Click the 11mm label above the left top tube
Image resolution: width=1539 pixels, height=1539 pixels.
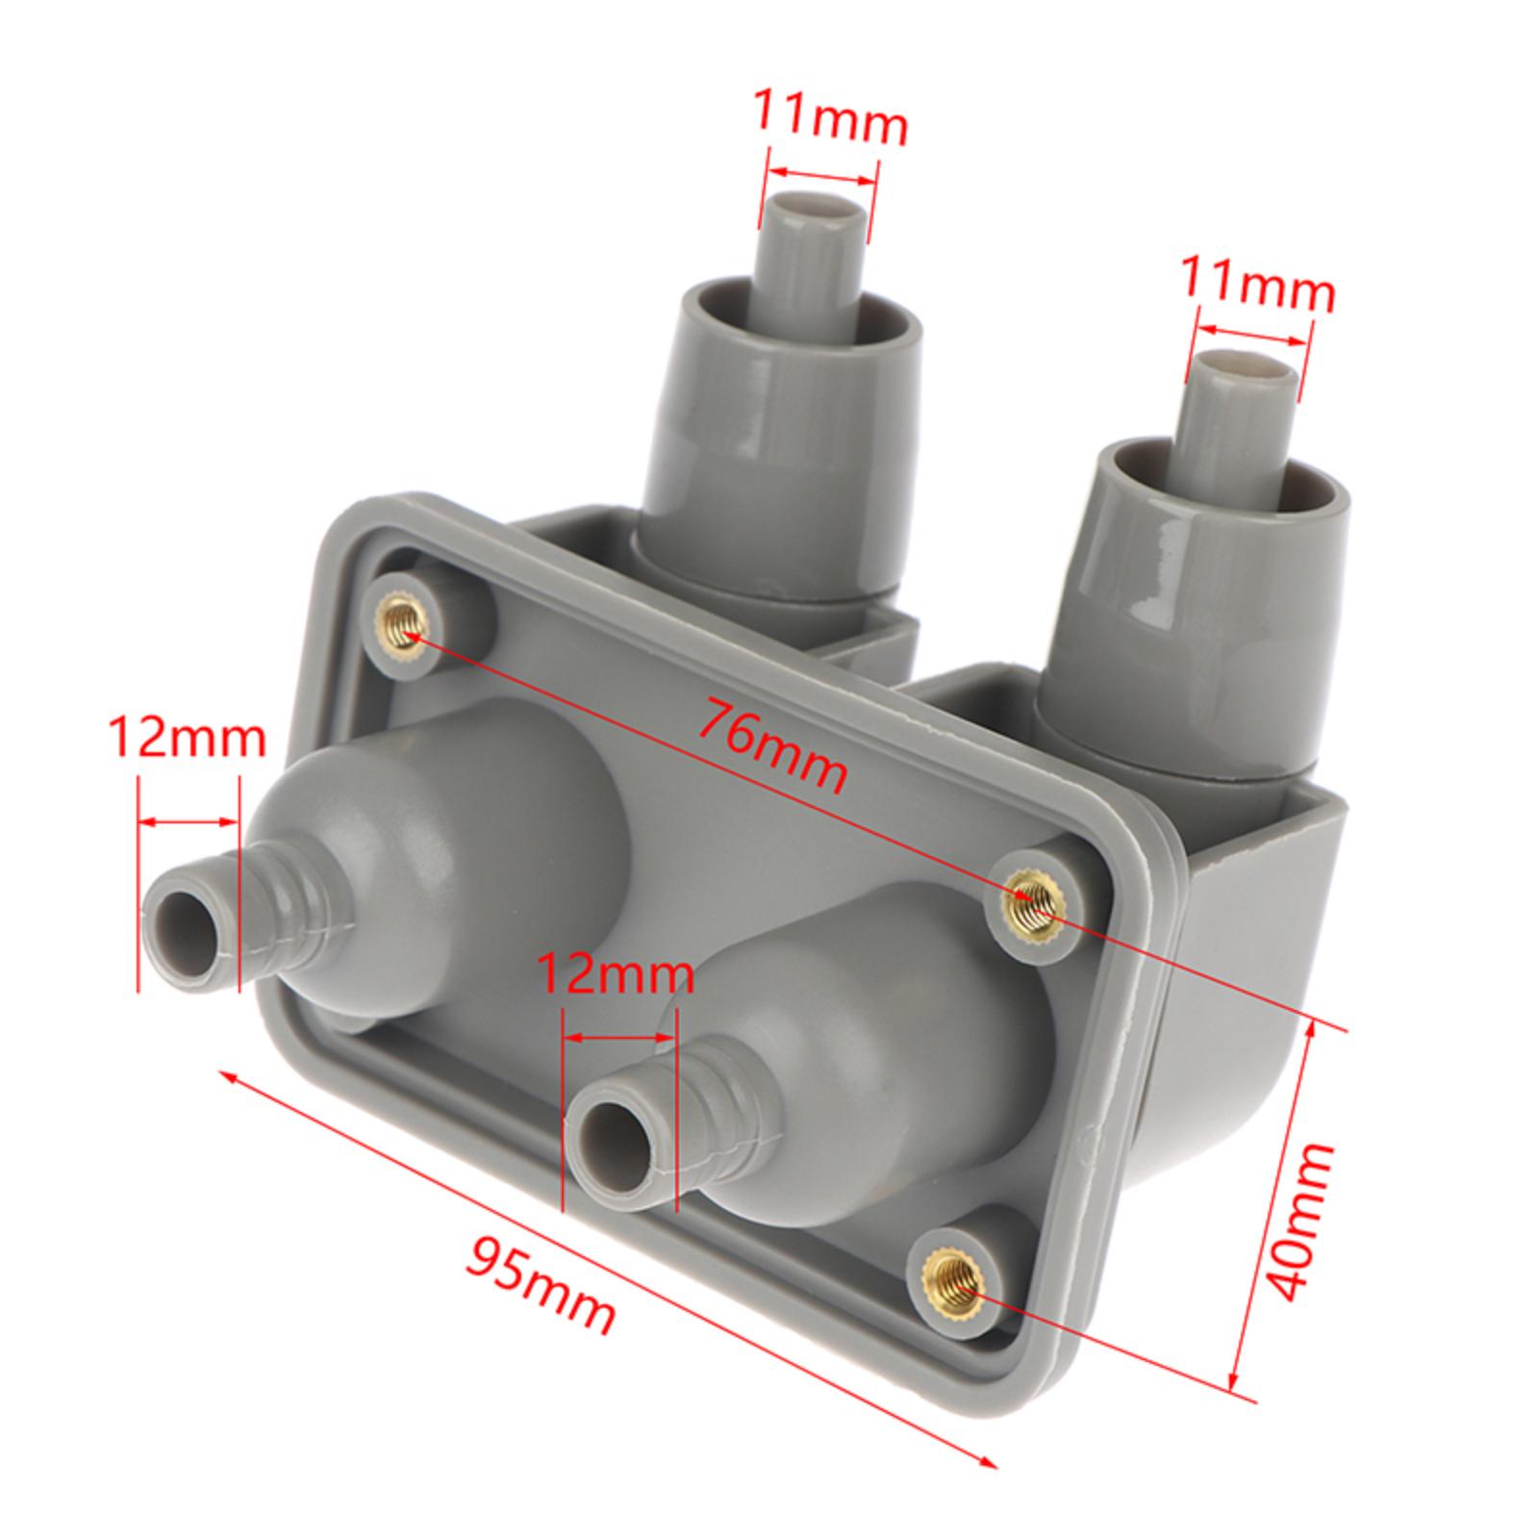pyautogui.click(x=829, y=116)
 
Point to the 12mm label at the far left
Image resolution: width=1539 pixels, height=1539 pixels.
pyautogui.click(x=185, y=739)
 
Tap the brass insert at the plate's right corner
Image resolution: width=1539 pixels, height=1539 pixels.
pyautogui.click(x=1026, y=901)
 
